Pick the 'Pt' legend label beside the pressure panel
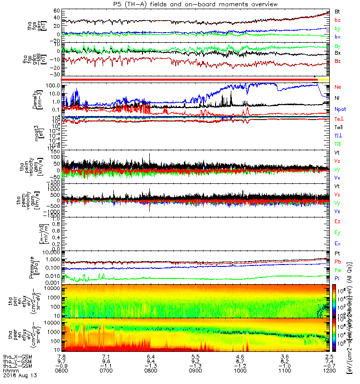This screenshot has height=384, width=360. pyautogui.click(x=337, y=252)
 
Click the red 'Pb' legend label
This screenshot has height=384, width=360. pyautogui.click(x=337, y=261)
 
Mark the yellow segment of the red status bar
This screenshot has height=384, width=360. pyautogui.click(x=324, y=79)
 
